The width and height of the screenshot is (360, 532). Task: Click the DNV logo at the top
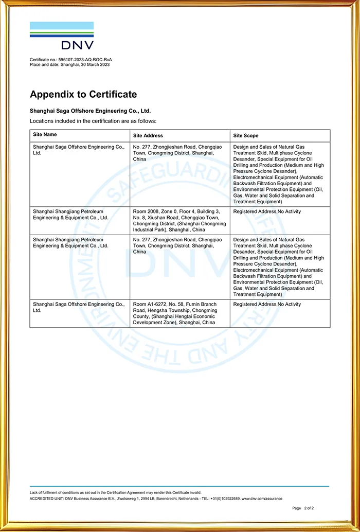(62, 36)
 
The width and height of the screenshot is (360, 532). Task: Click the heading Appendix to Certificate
(83, 94)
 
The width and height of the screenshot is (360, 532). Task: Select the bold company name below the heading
(90, 111)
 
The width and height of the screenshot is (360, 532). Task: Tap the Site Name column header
(45, 135)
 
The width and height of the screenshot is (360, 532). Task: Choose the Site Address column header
(148, 135)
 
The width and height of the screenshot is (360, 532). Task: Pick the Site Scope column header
(246, 135)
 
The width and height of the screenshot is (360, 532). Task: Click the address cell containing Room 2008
(179, 221)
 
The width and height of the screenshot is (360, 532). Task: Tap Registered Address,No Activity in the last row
(267, 304)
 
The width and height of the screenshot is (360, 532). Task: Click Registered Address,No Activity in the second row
(267, 211)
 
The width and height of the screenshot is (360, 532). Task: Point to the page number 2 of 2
(308, 508)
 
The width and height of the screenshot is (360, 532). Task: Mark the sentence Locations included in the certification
(93, 121)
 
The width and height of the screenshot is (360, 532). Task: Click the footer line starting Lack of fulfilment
(115, 493)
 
